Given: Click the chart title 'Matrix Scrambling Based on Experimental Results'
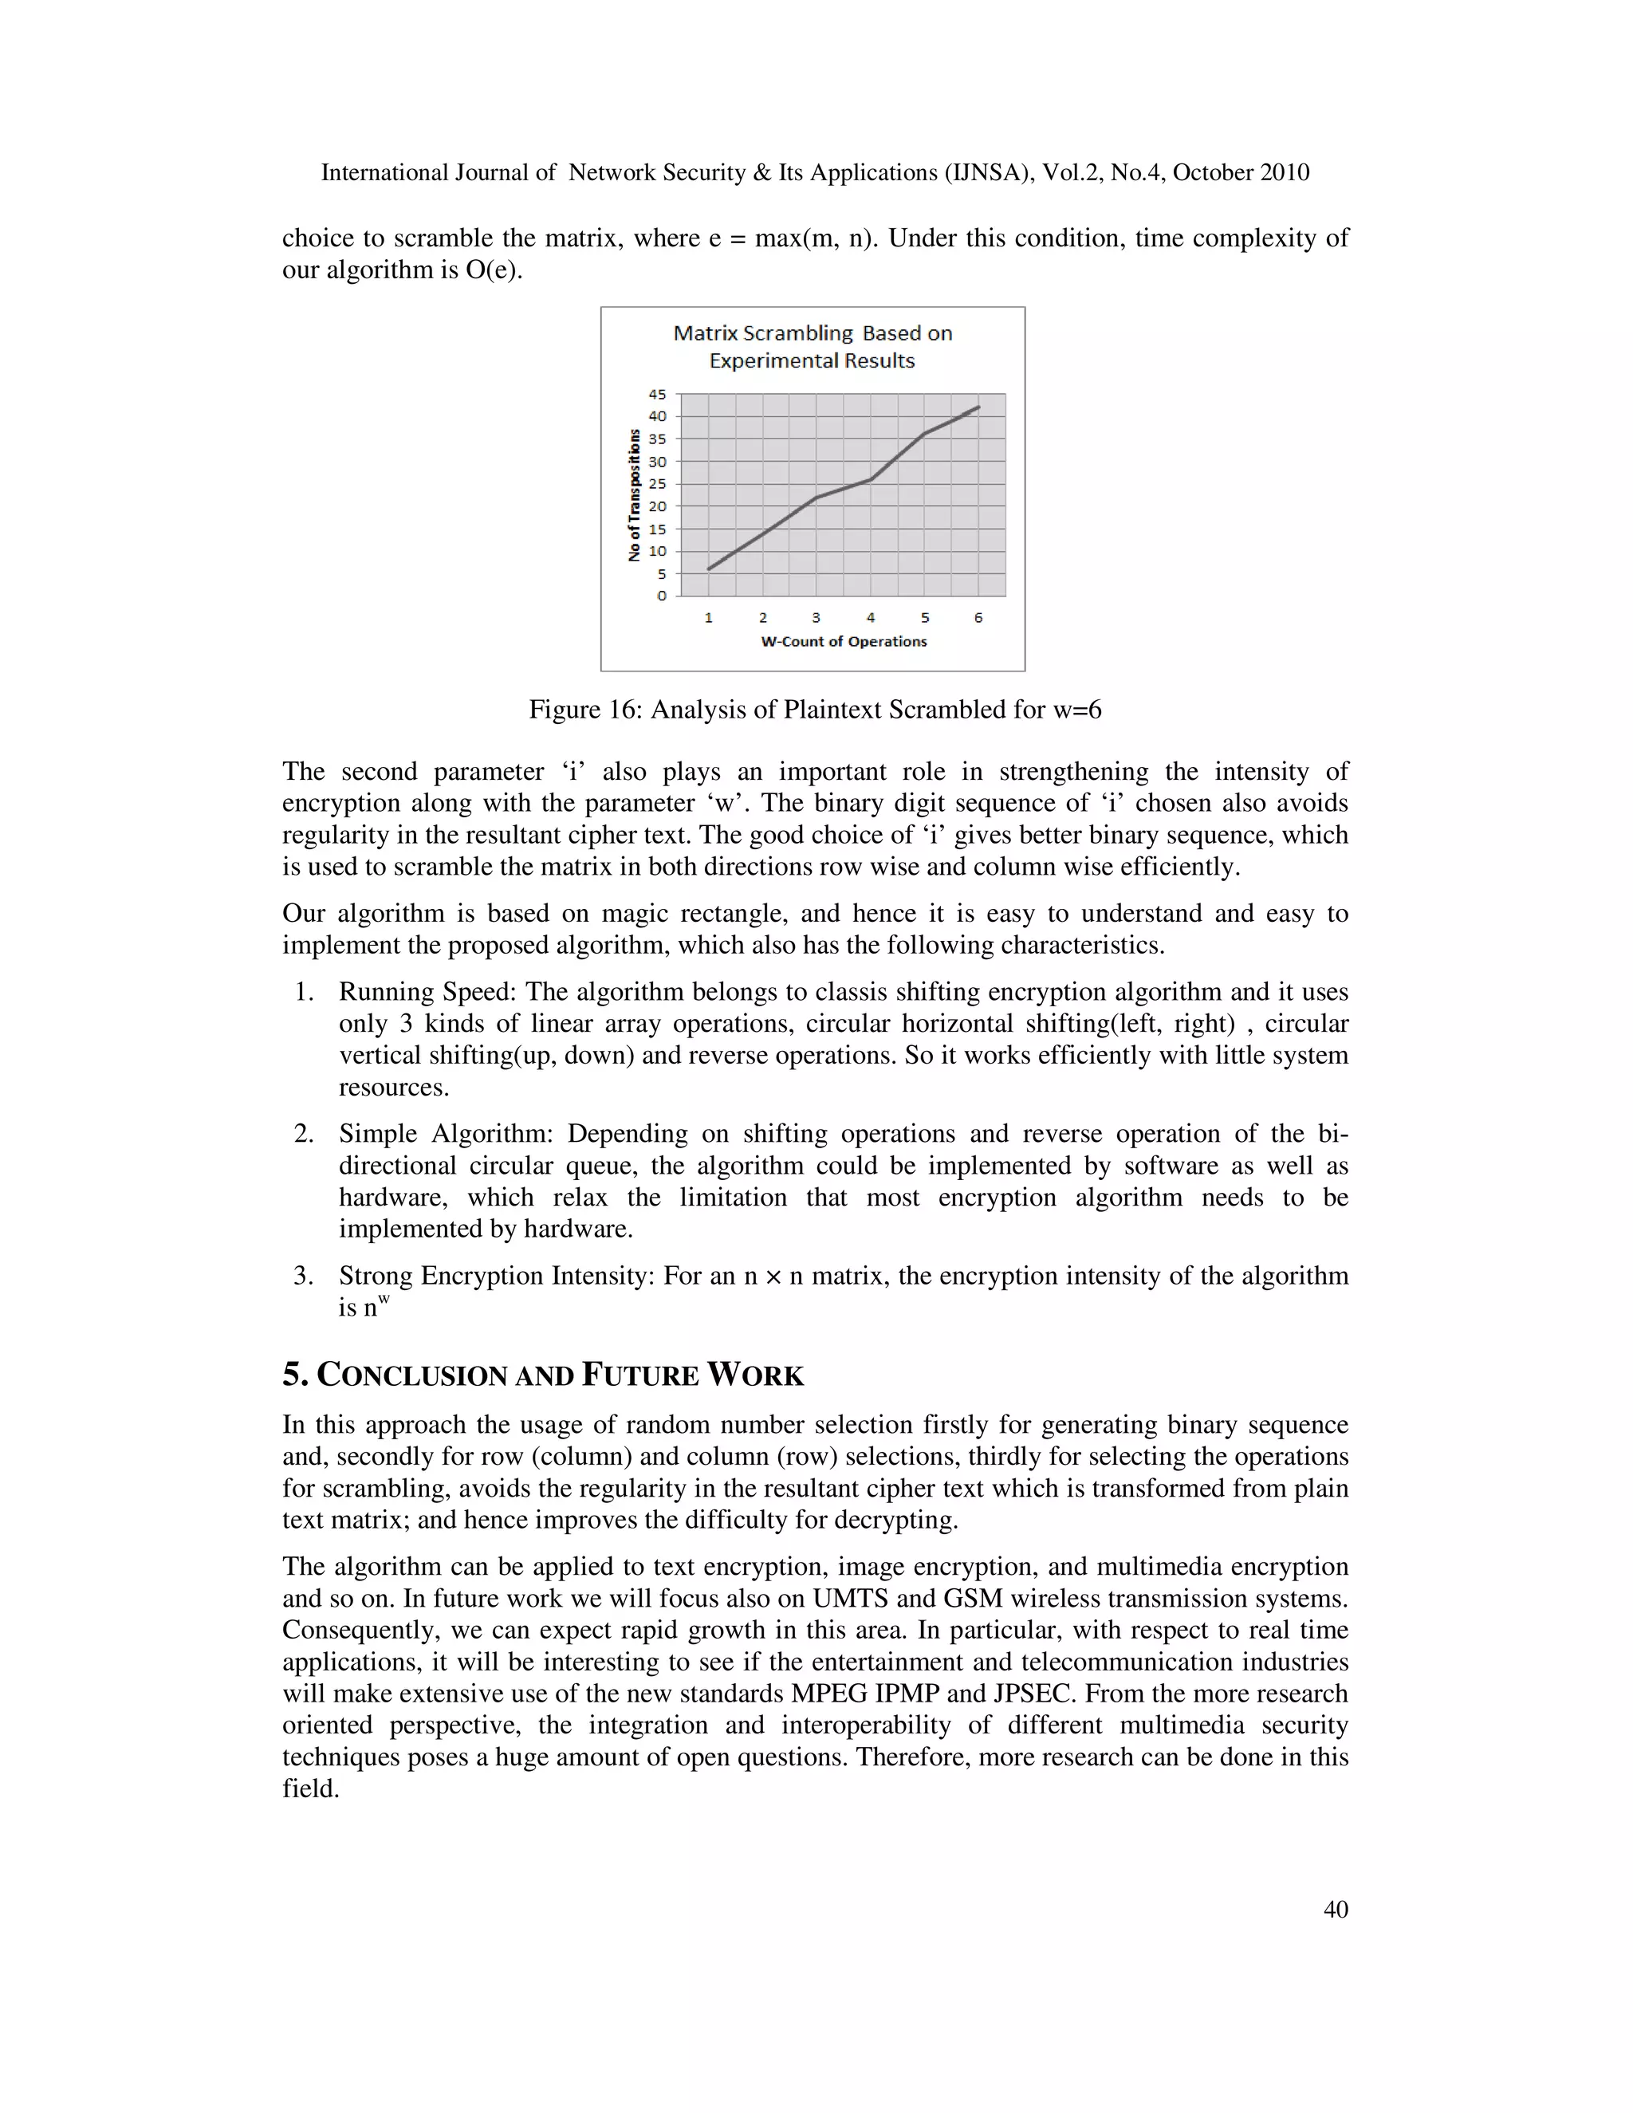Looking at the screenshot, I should [x=813, y=346].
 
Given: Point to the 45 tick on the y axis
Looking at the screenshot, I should [x=658, y=394].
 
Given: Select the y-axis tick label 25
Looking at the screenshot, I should [x=658, y=484].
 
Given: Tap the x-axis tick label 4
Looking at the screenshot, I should [x=871, y=617].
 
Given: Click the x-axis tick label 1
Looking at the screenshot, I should [x=708, y=617].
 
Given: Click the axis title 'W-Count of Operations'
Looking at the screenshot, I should [x=844, y=641].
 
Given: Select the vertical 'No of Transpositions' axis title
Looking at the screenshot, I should [x=635, y=494].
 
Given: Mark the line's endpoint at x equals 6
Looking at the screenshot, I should [x=979, y=407].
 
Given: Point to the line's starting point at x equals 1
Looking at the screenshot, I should [x=708, y=569].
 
